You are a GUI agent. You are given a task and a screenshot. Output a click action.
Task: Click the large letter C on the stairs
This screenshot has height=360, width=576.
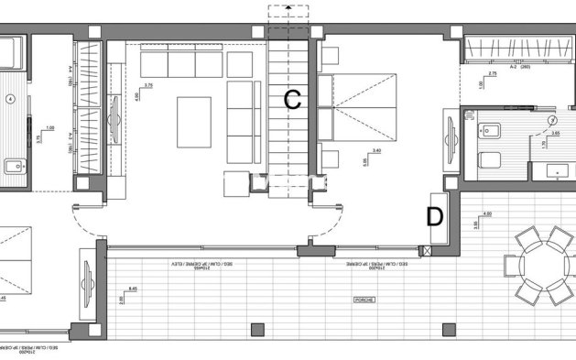coord(292,100)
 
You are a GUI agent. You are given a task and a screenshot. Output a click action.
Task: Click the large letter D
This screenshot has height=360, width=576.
coord(434,216)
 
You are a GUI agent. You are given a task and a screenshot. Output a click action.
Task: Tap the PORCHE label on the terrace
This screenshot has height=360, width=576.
coord(364,300)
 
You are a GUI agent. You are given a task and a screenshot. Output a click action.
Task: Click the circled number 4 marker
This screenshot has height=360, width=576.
coord(11,98)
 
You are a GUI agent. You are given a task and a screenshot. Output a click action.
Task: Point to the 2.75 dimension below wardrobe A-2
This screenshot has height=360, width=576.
coord(492,73)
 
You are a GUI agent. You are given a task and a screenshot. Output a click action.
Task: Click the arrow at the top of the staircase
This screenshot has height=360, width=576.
coord(289,7)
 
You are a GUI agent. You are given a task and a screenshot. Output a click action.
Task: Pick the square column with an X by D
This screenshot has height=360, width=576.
coord(423,250)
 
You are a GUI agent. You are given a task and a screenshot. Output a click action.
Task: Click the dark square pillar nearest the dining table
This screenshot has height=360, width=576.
coord(449,329)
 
